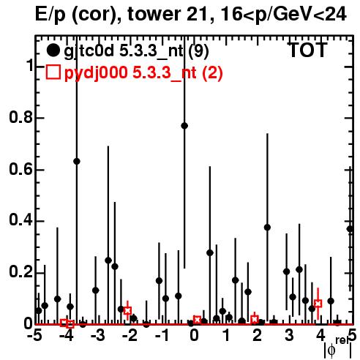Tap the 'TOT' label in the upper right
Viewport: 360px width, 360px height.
(x=308, y=50)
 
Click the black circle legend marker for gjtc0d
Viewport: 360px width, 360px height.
(x=53, y=50)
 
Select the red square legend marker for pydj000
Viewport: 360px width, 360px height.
(x=53, y=72)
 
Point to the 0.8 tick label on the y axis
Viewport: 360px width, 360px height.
(x=20, y=117)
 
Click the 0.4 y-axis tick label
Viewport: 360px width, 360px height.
(x=20, y=220)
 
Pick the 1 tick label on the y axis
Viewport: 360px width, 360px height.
(x=29, y=66)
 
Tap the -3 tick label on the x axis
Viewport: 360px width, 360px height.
(x=98, y=335)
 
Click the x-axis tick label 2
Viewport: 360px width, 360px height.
(x=257, y=335)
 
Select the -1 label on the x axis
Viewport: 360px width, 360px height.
(x=162, y=335)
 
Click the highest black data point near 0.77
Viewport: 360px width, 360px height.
(x=184, y=126)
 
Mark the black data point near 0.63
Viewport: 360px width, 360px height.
(x=77, y=161)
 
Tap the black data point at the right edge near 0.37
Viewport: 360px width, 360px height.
(x=350, y=229)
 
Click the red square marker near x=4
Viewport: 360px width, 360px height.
(x=318, y=304)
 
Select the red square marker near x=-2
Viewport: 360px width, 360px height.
(x=127, y=311)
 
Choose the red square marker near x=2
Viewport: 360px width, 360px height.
(x=255, y=319)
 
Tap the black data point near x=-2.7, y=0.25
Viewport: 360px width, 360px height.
(x=108, y=260)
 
